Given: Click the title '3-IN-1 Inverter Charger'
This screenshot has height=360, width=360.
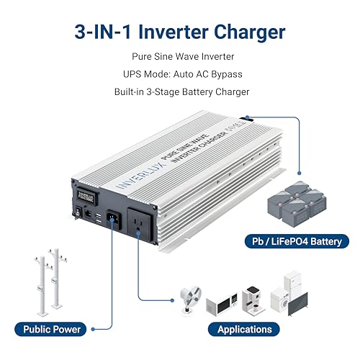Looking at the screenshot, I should (x=179, y=32).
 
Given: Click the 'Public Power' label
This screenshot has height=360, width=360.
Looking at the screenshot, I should (x=53, y=329).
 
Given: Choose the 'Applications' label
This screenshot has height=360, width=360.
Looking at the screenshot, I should (x=243, y=329).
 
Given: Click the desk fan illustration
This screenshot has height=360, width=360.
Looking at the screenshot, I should (x=188, y=297).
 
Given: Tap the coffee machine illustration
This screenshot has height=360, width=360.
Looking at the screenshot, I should (x=251, y=298).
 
